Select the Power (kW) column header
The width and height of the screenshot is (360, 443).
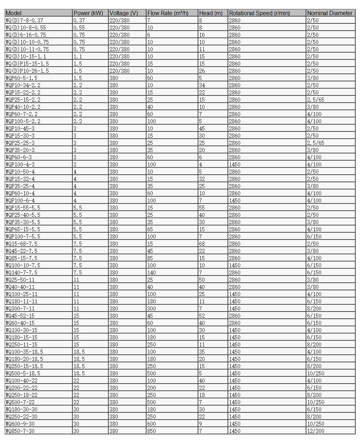click(88, 13)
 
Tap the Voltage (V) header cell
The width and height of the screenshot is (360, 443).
click(123, 13)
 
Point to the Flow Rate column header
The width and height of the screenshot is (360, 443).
click(168, 13)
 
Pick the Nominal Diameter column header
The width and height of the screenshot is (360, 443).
click(329, 13)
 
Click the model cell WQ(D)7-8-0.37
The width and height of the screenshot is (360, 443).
click(24, 21)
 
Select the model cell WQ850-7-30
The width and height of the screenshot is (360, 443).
click(20, 431)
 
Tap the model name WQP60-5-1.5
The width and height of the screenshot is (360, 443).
click(22, 78)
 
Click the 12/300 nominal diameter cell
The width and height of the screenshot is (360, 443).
click(315, 431)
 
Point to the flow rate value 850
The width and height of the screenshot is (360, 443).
click(152, 431)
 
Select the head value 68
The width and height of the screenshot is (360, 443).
click(202, 244)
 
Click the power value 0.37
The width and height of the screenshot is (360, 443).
click(79, 21)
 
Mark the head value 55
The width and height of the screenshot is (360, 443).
click(202, 208)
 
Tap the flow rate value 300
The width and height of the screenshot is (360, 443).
click(152, 309)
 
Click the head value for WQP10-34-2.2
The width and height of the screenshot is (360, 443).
click(202, 85)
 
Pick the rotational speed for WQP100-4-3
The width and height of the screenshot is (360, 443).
click(235, 165)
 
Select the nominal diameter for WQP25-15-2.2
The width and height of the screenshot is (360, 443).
click(315, 100)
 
